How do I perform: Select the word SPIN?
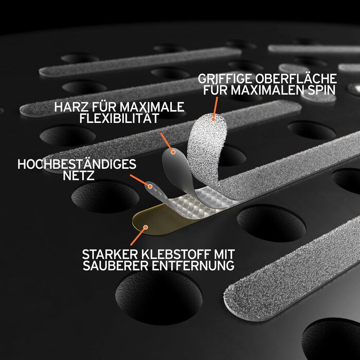(x=321, y=90)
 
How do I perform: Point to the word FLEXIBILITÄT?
(x=119, y=117)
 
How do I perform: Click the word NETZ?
(x=79, y=176)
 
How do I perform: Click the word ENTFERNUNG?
(x=193, y=266)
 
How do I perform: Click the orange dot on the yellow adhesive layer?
(x=146, y=227)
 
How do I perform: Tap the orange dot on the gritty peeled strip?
(x=213, y=119)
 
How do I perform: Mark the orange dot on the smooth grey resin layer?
(x=173, y=152)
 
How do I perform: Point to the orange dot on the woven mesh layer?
(x=150, y=186)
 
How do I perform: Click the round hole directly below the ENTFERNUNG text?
(x=159, y=297)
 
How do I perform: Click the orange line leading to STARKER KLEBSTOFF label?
(x=137, y=237)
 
